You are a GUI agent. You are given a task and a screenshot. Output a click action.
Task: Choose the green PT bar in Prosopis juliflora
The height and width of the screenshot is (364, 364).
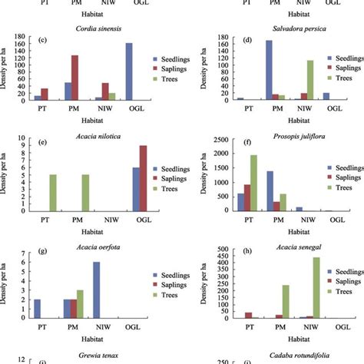click(x=253, y=183)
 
